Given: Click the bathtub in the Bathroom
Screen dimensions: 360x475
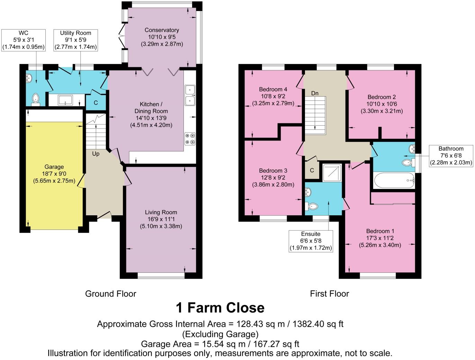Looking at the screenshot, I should pos(394,180).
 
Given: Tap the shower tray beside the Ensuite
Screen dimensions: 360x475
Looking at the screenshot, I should pos(332,172).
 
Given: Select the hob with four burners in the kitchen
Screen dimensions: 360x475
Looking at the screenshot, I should pos(190,138).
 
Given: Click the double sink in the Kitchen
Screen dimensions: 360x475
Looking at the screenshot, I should pos(190,95).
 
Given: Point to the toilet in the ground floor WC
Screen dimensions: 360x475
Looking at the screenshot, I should pos(35,99).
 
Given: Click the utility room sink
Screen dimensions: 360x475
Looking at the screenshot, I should pos(65,100).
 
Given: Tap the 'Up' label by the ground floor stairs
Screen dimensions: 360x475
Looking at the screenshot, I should pos(96,153).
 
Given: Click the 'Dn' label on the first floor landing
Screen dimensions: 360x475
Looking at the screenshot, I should pos(314,93).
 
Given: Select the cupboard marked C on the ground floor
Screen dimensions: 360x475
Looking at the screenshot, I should pos(96,103).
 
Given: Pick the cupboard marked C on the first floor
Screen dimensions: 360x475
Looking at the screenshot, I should pos(312,170).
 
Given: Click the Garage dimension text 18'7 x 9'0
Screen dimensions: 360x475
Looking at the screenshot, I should pos(54,174).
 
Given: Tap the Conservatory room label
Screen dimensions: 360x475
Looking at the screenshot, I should pos(162,30).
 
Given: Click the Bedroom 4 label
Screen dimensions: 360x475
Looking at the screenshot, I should pos(273,89).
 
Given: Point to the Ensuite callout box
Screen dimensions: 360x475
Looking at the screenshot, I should pos(311,241).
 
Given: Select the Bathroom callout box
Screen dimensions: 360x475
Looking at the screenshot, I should pos(451,156).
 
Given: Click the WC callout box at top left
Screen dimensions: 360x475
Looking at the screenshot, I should pos(24,40).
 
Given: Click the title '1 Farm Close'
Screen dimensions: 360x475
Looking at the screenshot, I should pos(220,307).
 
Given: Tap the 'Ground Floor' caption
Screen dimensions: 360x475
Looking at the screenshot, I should pos(110,294).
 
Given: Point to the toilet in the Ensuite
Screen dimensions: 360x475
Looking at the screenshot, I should pos(312,207).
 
